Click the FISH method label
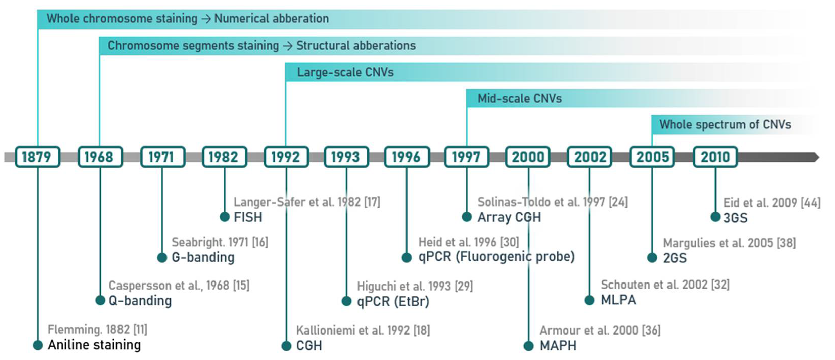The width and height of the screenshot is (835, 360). click(248, 217)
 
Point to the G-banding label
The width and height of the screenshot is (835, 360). click(203, 257)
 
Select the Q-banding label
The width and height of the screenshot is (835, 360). click(140, 301)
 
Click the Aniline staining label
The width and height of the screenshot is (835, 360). click(94, 345)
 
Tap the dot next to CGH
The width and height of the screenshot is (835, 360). click(286, 346)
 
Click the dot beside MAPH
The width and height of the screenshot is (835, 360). click(528, 346)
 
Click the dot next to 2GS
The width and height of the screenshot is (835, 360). click(652, 258)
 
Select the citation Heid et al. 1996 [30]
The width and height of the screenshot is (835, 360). click(468, 242)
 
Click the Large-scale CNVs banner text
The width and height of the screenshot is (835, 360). click(345, 72)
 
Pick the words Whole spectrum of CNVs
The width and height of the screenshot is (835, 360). click(725, 125)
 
